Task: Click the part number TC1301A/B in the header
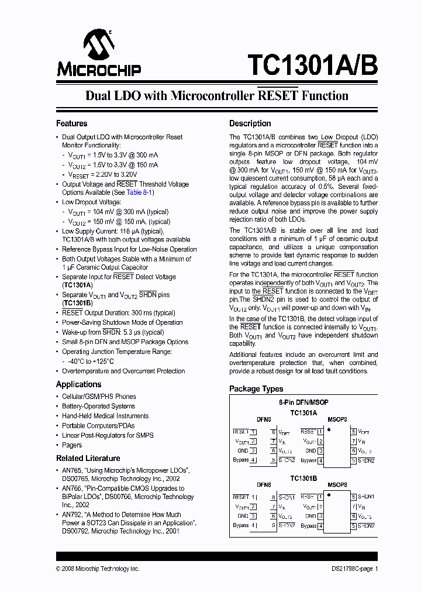[x=312, y=65]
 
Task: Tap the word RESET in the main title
[x=278, y=96]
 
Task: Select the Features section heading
[x=71, y=123]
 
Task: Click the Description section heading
[x=250, y=123]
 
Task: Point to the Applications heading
[x=78, y=384]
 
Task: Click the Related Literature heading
[x=88, y=458]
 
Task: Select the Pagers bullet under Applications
[x=72, y=445]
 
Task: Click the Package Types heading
[x=256, y=388]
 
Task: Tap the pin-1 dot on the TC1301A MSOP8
[x=329, y=430]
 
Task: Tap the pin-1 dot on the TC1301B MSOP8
[x=329, y=495]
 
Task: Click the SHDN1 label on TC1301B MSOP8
[x=367, y=497]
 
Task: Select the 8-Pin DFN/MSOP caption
[x=303, y=402]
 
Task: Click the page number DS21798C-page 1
[x=351, y=569]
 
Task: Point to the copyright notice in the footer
[x=98, y=569]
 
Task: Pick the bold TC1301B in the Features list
[x=77, y=303]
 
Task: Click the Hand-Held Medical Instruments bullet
[x=105, y=416]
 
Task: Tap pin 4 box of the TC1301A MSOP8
[x=320, y=460]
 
